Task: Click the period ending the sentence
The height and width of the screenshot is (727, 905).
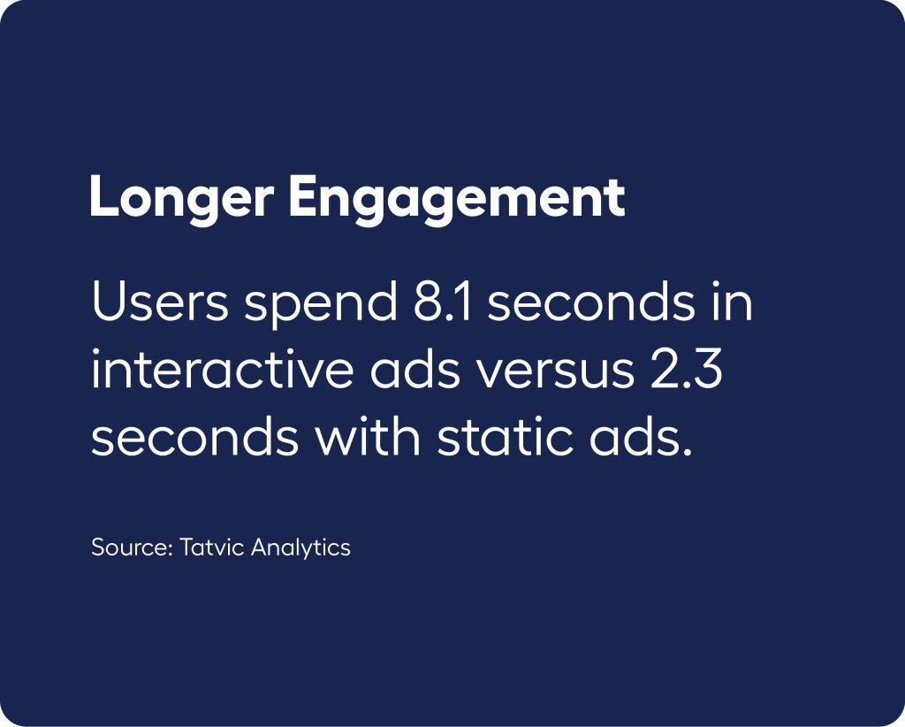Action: click(686, 451)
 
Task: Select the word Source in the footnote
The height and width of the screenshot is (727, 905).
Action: click(129, 547)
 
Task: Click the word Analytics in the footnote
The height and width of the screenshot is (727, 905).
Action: click(300, 548)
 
